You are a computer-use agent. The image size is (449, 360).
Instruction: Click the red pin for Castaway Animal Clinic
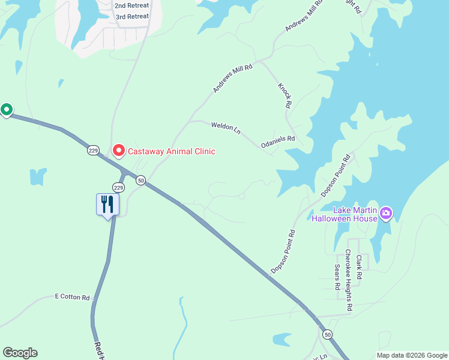coord(118,151)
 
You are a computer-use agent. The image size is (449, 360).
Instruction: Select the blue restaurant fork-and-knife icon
coord(108,204)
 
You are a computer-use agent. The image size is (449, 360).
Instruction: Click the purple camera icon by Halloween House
coord(386,213)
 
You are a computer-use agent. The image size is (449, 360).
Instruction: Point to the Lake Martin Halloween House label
coord(344,214)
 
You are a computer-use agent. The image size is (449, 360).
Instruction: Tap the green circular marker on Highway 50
coord(7,110)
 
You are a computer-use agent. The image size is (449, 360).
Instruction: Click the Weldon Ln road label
coord(226,127)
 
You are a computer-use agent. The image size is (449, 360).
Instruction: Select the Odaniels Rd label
coord(278,142)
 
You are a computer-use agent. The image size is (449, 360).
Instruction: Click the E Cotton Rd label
coord(72,297)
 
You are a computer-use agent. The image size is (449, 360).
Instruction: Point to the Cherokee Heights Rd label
coord(348,281)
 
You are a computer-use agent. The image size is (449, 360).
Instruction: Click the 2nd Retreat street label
coord(131,5)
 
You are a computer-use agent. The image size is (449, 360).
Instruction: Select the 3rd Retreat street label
coord(131,16)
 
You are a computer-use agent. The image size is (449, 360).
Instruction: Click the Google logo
coord(20,353)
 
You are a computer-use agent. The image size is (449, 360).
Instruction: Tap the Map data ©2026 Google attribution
coord(412,355)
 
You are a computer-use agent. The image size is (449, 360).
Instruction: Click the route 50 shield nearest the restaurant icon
coord(140,180)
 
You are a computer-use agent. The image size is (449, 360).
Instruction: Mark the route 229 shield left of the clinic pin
coord(92,151)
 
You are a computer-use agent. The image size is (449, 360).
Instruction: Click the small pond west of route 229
coord(38,176)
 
